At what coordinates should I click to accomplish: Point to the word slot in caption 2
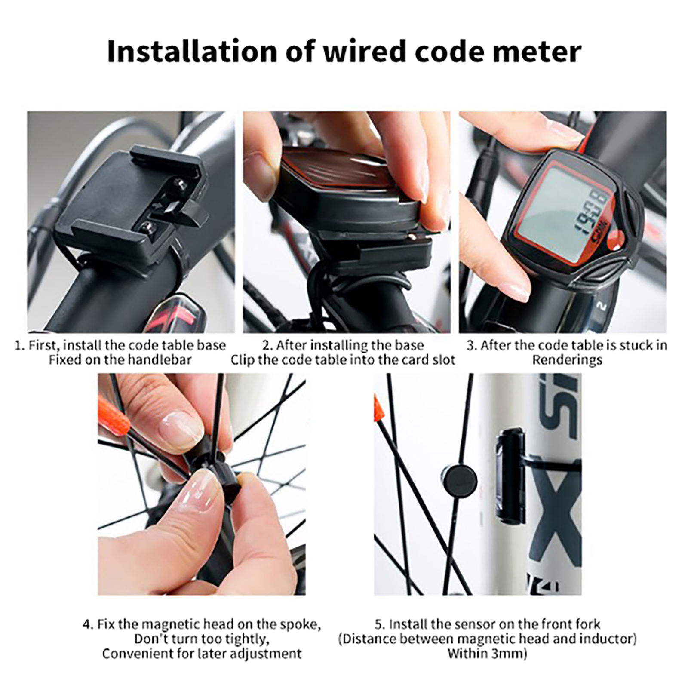click(442, 359)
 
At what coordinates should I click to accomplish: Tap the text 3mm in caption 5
click(508, 654)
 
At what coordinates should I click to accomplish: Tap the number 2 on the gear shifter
click(602, 306)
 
